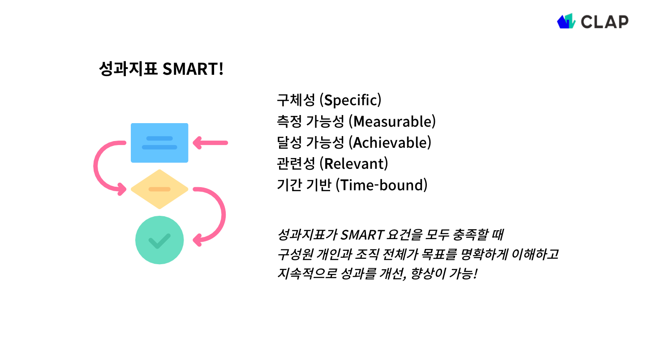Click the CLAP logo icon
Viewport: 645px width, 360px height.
(566, 21)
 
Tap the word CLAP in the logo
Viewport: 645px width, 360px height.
(604, 21)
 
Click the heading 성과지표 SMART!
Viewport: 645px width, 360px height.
(161, 69)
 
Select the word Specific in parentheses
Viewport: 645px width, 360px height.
(352, 100)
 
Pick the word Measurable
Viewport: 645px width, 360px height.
(392, 121)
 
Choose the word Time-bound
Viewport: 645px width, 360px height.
(382, 185)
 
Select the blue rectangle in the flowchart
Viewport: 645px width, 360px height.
(159, 142)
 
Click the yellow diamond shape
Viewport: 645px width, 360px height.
(159, 189)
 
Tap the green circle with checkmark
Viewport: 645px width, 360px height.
(159, 240)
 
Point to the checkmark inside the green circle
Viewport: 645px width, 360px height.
(159, 241)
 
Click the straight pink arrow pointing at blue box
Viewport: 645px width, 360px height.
(210, 143)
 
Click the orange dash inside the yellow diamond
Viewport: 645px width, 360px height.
(159, 189)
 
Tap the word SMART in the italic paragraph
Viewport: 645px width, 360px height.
(363, 234)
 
